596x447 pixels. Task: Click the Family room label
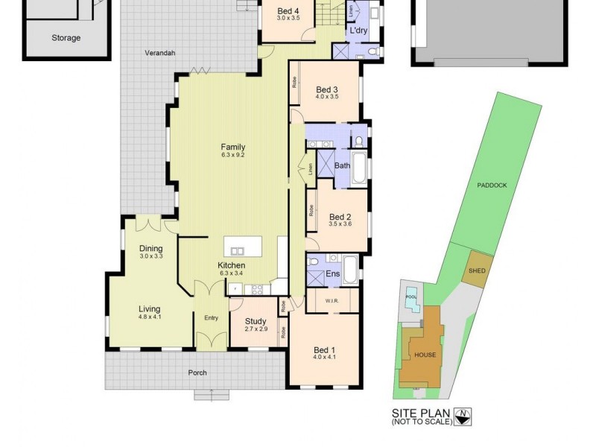click(x=232, y=147)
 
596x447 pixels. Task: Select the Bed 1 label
click(x=324, y=350)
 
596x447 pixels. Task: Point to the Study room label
click(x=255, y=321)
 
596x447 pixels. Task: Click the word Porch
click(x=197, y=372)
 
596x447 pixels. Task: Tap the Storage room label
click(x=66, y=38)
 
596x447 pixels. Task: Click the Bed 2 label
click(x=340, y=217)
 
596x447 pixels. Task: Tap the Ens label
click(x=333, y=274)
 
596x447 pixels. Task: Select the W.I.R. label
click(x=333, y=301)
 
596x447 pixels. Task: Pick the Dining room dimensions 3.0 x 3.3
click(x=150, y=256)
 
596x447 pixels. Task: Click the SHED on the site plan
click(x=475, y=271)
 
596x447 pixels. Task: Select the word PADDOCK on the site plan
click(x=492, y=185)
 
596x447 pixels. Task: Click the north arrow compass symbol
click(x=463, y=416)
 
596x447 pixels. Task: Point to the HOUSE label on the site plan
click(x=425, y=355)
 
